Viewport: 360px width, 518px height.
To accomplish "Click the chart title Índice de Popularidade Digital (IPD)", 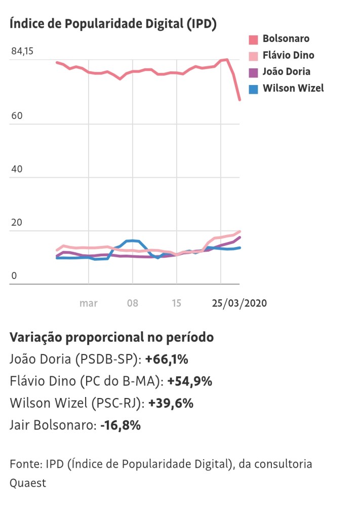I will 113,24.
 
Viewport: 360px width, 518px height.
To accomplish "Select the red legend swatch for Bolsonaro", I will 254,39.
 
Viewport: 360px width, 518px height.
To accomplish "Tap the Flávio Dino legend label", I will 288,55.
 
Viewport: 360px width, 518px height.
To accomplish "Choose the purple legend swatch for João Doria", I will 254,72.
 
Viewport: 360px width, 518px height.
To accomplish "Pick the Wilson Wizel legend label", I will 293,88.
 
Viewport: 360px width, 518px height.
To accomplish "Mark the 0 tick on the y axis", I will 14,276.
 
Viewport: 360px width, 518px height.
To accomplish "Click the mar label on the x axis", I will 89,303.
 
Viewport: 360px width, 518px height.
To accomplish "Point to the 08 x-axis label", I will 133,303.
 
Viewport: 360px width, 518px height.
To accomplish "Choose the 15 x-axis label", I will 176,303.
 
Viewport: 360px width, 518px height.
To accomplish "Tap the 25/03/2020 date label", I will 239,303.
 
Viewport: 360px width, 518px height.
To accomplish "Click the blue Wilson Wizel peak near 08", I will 133,241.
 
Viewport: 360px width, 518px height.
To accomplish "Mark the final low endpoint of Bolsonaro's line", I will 239,100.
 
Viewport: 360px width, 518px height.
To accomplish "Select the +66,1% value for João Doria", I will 167,360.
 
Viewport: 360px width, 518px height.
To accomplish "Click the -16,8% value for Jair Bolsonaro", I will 120,425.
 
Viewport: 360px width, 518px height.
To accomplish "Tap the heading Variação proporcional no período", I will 111,338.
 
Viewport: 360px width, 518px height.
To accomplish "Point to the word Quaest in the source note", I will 28,483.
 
